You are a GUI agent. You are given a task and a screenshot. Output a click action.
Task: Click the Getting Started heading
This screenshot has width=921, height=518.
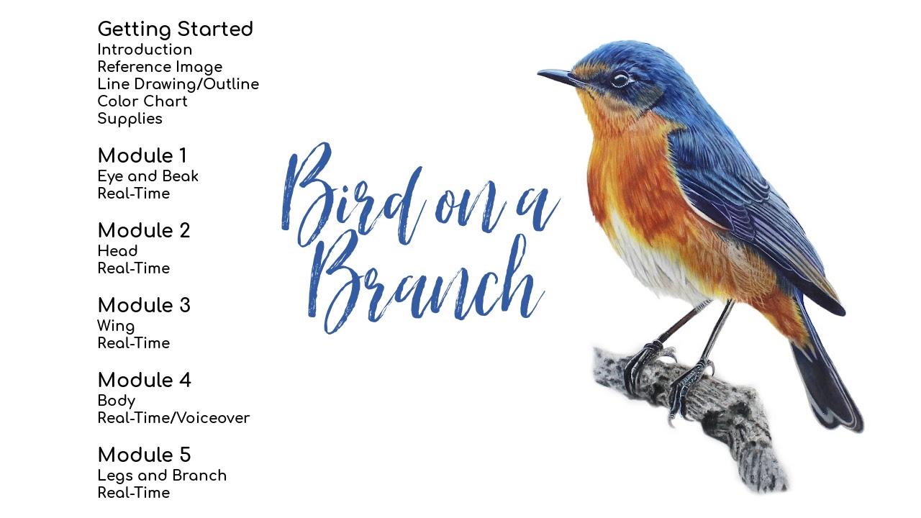(175, 29)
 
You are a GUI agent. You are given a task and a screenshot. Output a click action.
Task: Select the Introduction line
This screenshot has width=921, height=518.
(145, 50)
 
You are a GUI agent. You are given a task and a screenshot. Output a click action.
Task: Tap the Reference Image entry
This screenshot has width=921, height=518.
(160, 67)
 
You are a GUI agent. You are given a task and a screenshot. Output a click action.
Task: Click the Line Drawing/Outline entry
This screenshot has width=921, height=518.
(178, 84)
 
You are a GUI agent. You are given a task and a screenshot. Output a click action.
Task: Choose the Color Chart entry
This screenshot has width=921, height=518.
(142, 101)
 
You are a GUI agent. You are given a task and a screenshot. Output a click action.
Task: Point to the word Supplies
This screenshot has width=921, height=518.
(130, 119)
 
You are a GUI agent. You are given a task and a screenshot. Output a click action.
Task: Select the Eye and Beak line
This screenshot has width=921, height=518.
(148, 176)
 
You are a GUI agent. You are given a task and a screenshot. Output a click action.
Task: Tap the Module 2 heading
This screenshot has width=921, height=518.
(144, 231)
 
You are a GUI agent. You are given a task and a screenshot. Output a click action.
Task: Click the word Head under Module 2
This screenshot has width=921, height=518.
(117, 251)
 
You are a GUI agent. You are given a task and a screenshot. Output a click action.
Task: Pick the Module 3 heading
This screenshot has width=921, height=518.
(144, 306)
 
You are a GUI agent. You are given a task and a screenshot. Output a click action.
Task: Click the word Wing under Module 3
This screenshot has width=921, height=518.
(116, 326)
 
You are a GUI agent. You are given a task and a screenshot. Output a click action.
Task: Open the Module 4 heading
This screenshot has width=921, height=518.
(144, 381)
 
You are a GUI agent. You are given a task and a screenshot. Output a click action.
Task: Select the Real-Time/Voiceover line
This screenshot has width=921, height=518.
(173, 418)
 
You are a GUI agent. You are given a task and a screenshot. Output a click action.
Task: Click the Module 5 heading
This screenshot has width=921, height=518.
(144, 455)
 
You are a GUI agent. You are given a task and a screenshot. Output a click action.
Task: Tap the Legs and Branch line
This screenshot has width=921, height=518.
(162, 476)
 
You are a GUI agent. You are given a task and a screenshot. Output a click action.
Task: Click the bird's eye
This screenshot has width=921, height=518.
(620, 79)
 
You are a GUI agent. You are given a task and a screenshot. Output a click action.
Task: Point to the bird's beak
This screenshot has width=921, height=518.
(558, 75)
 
